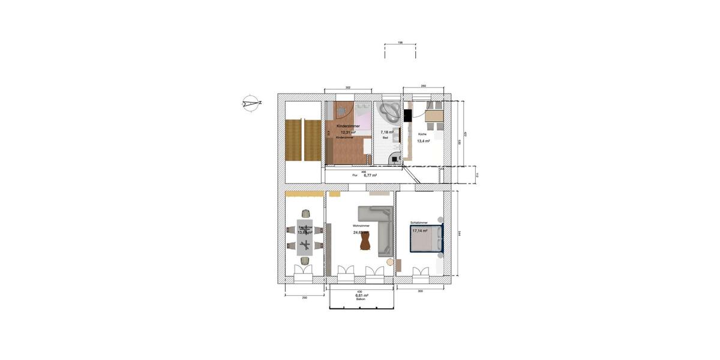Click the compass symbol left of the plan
coord(251,103)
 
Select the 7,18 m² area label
coord(386,132)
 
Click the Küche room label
coord(422,134)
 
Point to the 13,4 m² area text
coord(423,142)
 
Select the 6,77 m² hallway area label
coord(370,175)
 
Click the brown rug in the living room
coord(364,241)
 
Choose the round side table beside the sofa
coord(391,262)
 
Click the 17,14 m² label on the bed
coord(419,230)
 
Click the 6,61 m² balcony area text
coord(361,296)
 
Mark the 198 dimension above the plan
coord(400,43)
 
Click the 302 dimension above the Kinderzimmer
coord(348,88)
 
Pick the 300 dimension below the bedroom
coord(420,290)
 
